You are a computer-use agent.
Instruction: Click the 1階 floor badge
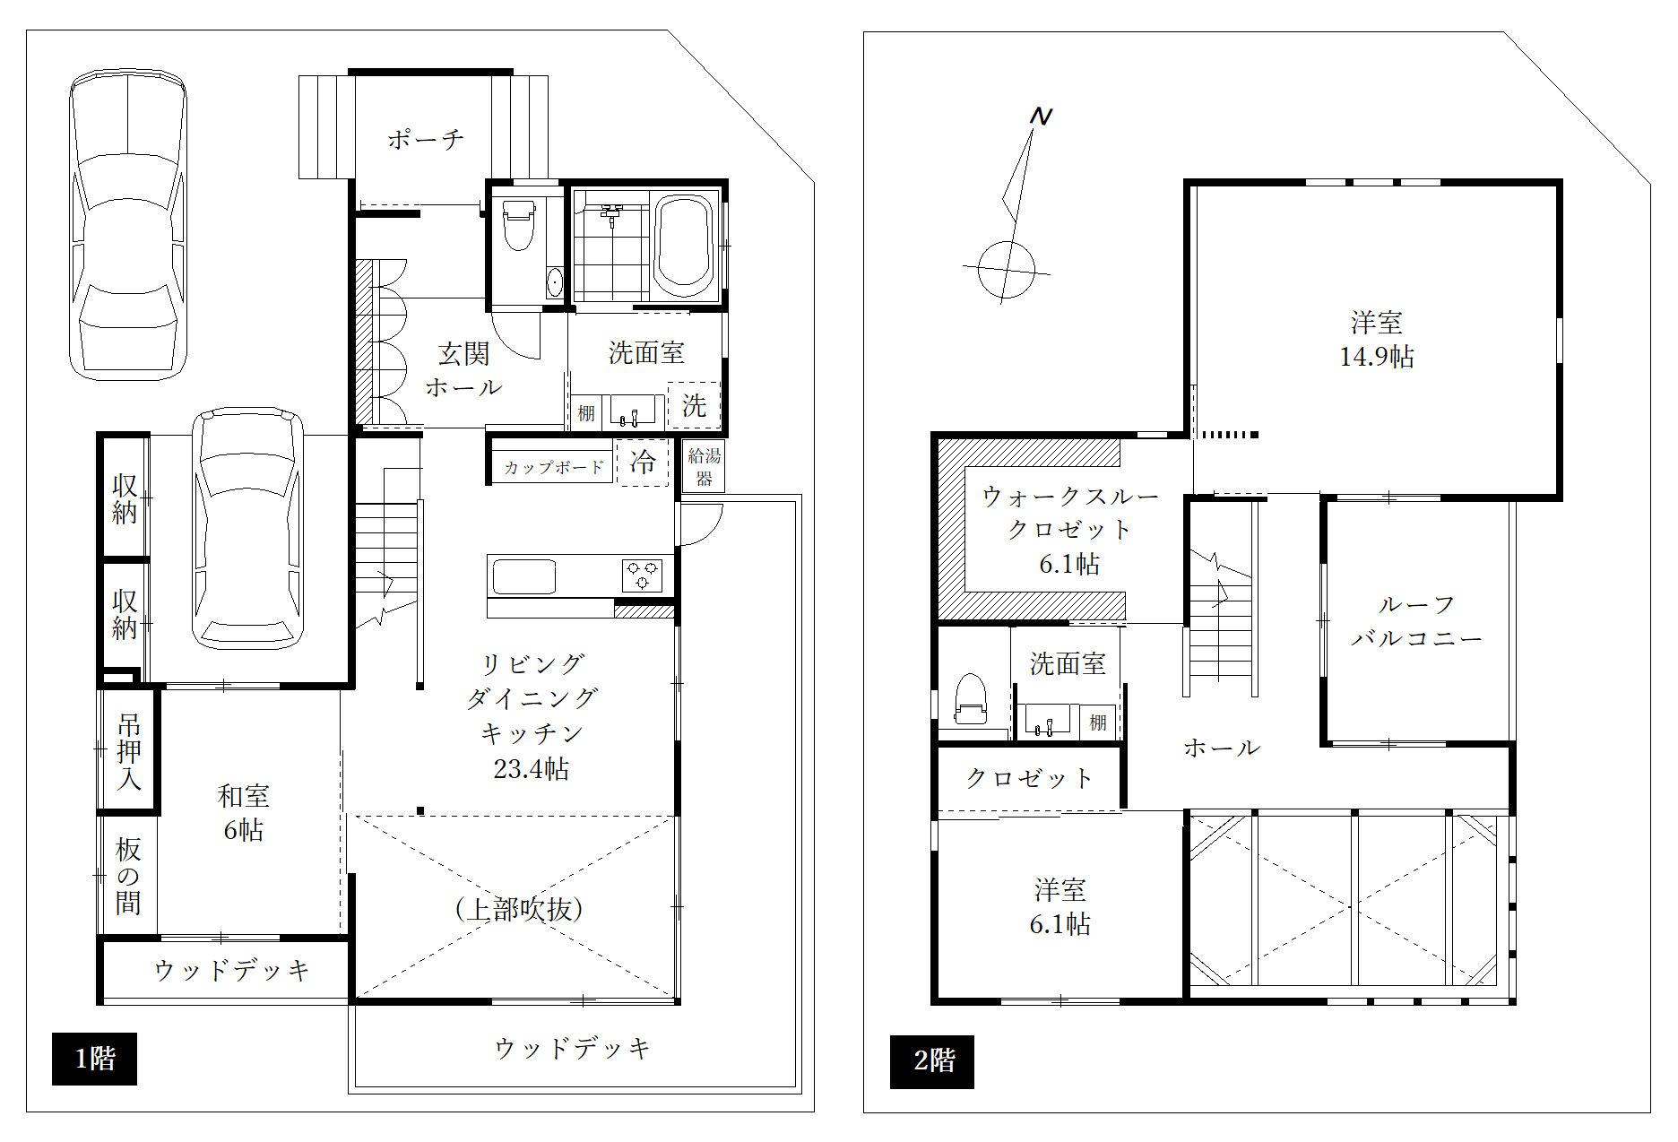[x=94, y=1059]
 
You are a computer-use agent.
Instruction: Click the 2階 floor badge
[x=931, y=1061]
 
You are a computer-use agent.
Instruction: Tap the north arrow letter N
[x=1040, y=117]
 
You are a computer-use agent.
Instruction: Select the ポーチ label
[x=425, y=139]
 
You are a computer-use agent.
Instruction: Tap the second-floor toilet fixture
[x=970, y=698]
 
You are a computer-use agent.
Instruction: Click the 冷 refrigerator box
[x=643, y=463]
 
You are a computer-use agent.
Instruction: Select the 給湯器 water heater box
[x=704, y=467]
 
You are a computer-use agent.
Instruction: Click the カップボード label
[x=553, y=468]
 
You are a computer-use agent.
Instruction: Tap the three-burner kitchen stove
[x=643, y=575]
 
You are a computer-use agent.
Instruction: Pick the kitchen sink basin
[x=523, y=576]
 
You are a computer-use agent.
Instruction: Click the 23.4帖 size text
[x=531, y=769]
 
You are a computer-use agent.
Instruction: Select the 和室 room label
[x=243, y=796]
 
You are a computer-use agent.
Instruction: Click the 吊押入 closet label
[x=129, y=751]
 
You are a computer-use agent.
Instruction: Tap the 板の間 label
[x=128, y=876]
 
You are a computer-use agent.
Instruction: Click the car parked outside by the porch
[x=128, y=224]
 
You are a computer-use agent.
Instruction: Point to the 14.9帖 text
[x=1376, y=357]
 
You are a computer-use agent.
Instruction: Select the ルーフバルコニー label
[x=1416, y=622]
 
